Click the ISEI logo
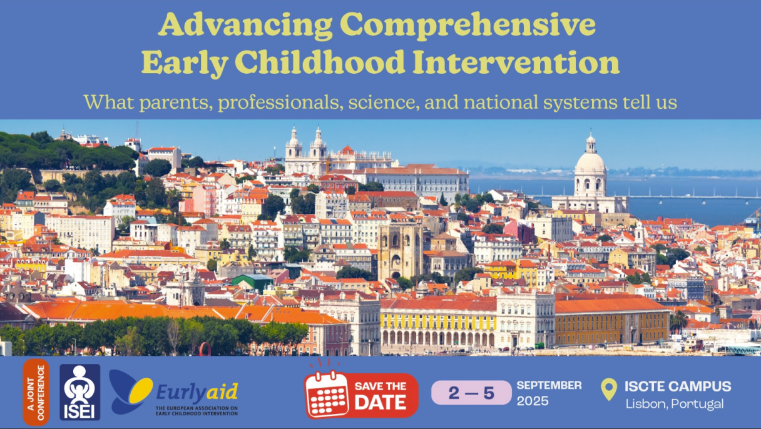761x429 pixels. point(79,392)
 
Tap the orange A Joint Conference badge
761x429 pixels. point(36,392)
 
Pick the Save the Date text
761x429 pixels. point(380,396)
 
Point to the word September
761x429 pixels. point(549,385)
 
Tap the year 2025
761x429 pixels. point(532,401)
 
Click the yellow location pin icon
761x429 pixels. point(608,389)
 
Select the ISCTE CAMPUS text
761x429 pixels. point(677,386)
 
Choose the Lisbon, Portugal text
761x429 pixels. point(674,403)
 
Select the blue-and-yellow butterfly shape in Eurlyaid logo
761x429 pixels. point(130,390)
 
